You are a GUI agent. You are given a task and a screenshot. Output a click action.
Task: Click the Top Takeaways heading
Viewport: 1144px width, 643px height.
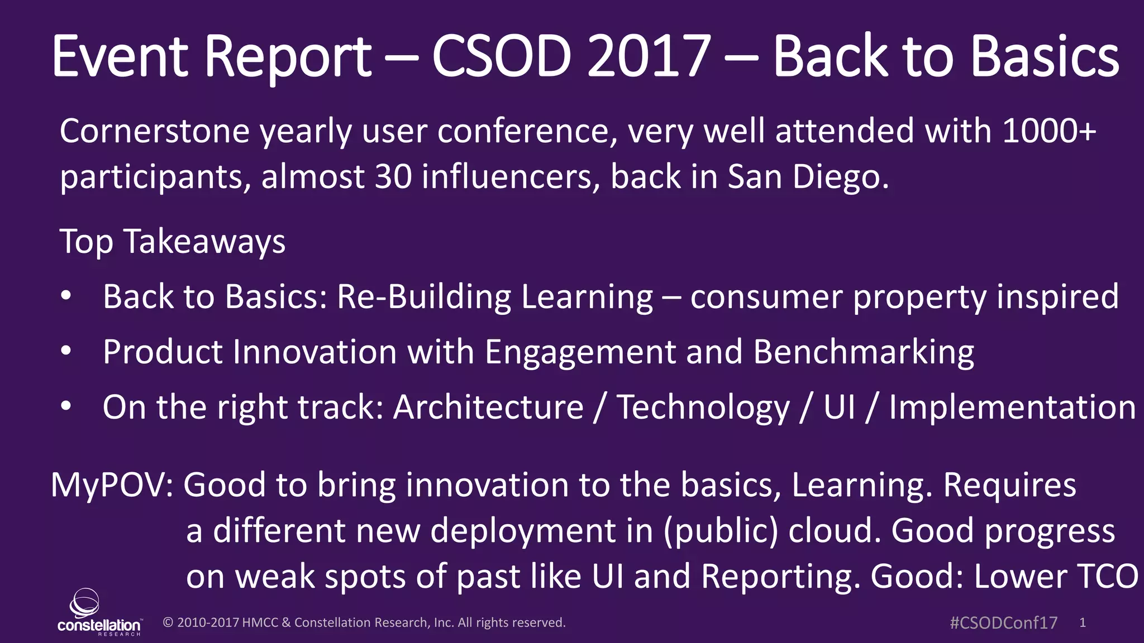(x=173, y=242)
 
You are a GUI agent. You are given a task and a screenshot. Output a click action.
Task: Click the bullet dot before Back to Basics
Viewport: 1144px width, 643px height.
(x=66, y=296)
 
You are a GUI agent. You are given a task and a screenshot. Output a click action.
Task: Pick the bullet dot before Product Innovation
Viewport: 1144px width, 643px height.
(x=66, y=352)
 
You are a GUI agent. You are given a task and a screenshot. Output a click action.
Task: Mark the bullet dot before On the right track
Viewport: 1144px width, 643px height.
(x=66, y=407)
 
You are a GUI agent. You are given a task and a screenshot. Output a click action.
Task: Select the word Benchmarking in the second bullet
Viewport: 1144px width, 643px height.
(x=863, y=353)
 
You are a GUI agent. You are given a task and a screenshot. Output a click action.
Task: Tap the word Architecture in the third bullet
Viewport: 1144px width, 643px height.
(x=488, y=407)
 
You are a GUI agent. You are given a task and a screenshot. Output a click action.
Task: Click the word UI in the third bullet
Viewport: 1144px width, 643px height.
(x=839, y=407)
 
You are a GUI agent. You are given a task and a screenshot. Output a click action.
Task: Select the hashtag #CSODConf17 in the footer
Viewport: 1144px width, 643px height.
(x=1003, y=623)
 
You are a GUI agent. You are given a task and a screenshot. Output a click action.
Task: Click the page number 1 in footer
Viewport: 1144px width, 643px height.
(x=1083, y=623)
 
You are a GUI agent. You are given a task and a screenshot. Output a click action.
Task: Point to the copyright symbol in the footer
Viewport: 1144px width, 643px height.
(x=168, y=623)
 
